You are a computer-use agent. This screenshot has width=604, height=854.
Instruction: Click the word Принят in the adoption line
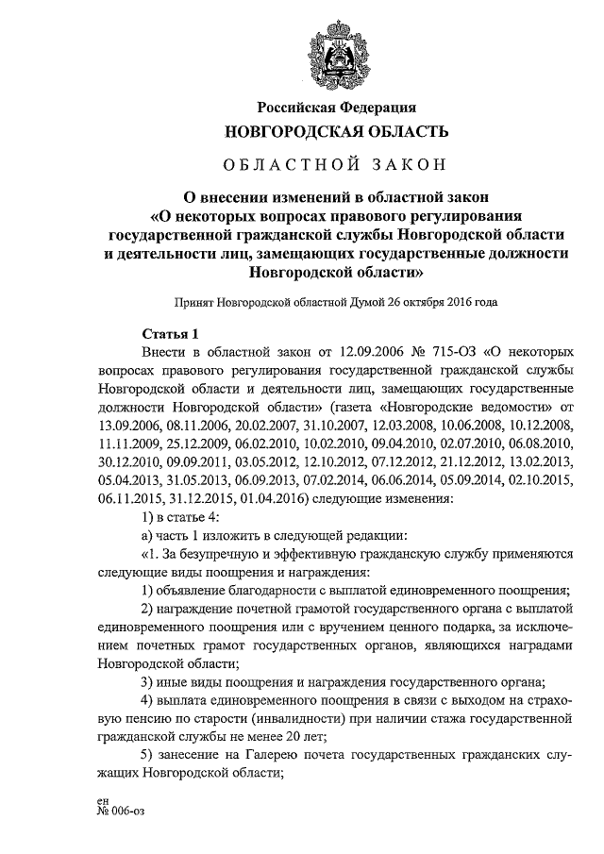[x=193, y=304]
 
